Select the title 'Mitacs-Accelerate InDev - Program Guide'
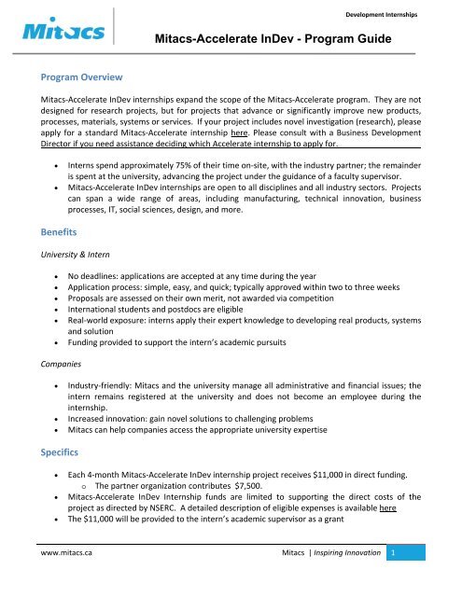(x=274, y=42)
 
